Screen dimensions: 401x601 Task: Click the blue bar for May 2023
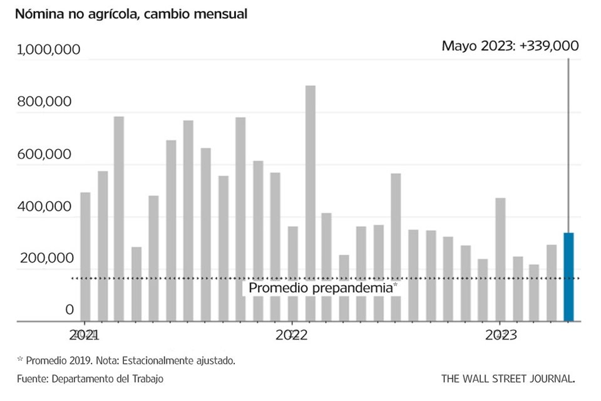[x=568, y=277]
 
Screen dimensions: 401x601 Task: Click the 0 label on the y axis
[x=69, y=310]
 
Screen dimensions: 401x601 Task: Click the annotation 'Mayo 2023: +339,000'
[x=510, y=46]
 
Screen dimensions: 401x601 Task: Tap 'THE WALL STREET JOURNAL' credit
[x=508, y=378]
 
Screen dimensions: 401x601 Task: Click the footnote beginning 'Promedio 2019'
[x=128, y=360]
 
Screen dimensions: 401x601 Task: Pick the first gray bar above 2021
[x=85, y=257]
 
